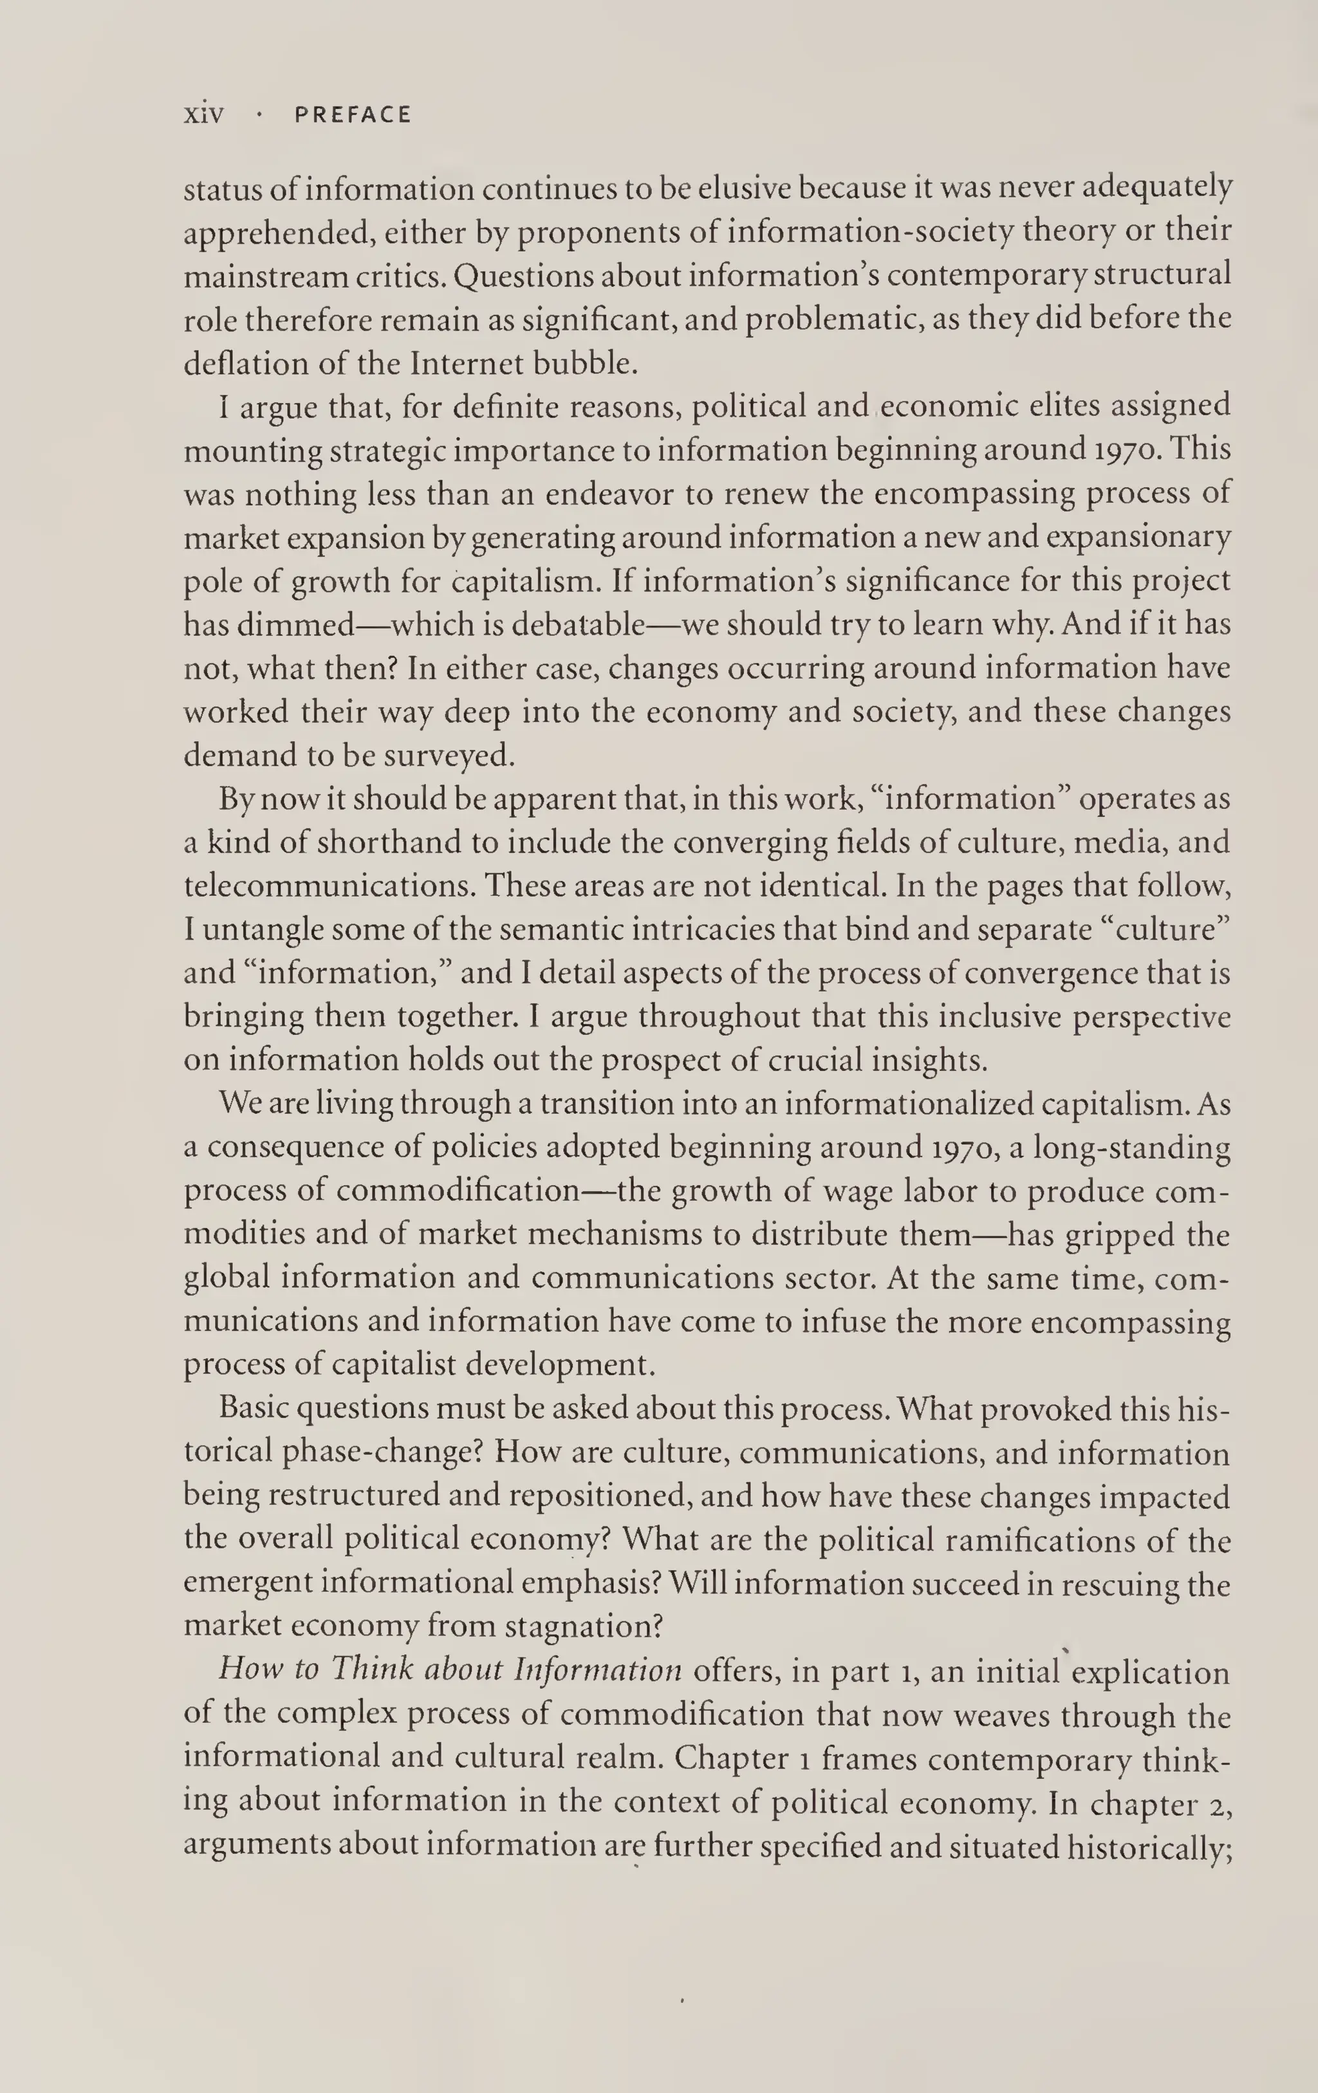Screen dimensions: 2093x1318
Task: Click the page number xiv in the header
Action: click(203, 114)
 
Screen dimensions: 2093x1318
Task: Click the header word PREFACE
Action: click(352, 115)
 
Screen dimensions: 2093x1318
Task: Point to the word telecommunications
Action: click(329, 887)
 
